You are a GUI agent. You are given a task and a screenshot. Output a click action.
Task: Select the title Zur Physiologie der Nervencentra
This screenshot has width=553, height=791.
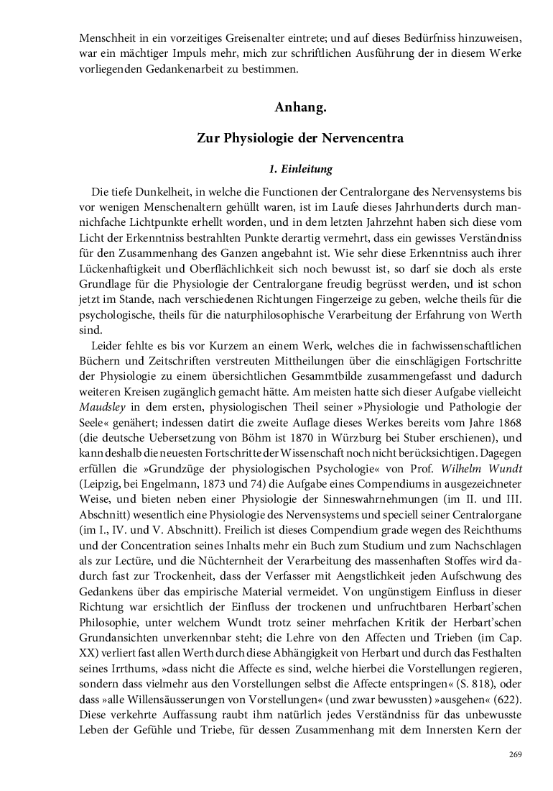[300, 139]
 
